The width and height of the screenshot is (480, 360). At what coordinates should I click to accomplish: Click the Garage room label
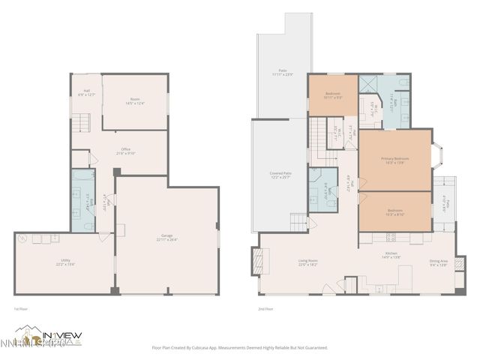click(166, 238)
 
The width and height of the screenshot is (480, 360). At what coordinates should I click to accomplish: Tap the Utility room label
click(65, 262)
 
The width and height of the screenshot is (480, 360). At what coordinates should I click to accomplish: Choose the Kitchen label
click(391, 255)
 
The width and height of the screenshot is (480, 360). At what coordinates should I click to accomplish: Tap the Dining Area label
click(439, 262)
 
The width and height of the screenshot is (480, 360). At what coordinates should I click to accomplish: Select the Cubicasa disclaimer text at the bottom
click(240, 347)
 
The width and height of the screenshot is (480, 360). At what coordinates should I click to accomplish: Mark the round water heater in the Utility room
click(23, 240)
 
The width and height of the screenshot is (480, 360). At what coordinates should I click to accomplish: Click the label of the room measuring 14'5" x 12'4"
click(135, 100)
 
